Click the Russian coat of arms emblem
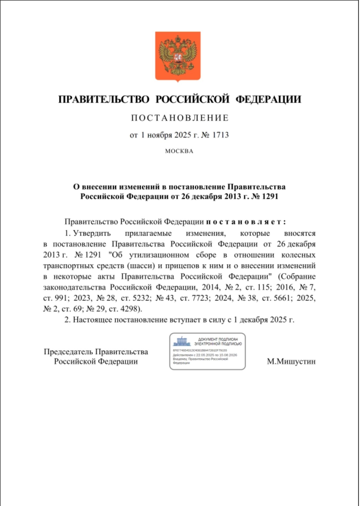point(178,56)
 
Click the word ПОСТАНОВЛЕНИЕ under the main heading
point(180,118)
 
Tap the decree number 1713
point(220,135)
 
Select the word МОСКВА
point(179,151)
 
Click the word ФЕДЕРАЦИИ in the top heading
point(268,99)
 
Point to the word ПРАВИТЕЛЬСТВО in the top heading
point(104,99)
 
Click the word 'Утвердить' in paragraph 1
point(92,233)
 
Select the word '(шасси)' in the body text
point(141,266)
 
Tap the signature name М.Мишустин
point(291,362)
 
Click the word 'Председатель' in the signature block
point(69,352)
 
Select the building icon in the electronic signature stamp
point(182,341)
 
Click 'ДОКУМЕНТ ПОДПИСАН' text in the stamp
point(218,339)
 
